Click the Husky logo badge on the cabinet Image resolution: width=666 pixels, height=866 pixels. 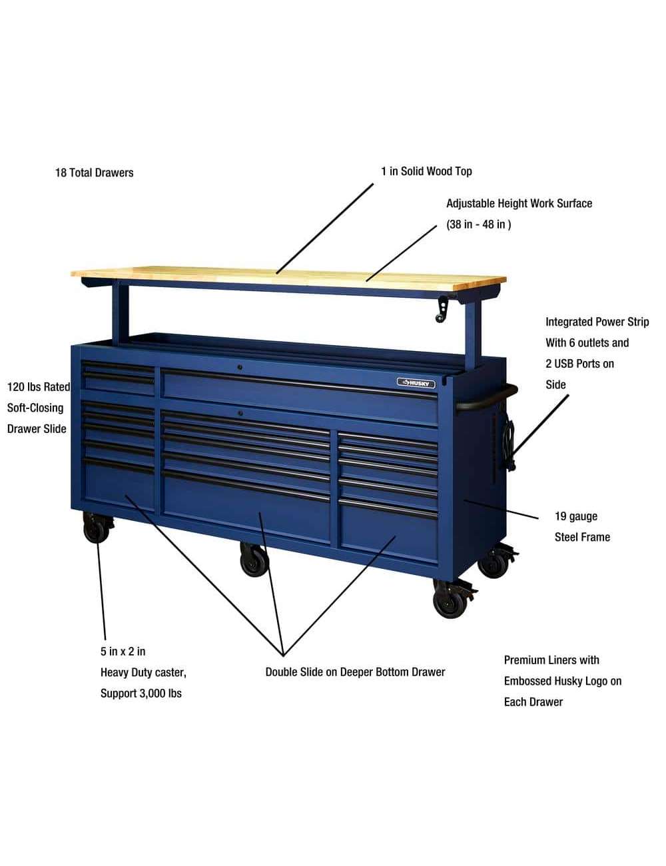click(x=416, y=383)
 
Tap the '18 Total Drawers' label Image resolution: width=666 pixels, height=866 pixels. click(x=95, y=173)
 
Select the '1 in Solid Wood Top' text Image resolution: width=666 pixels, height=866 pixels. click(x=426, y=171)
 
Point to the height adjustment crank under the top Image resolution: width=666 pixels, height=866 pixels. click(x=443, y=309)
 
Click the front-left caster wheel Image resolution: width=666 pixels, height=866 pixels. click(x=97, y=528)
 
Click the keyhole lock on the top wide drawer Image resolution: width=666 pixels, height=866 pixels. click(x=240, y=367)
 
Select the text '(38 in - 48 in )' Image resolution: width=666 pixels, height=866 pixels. click(x=478, y=224)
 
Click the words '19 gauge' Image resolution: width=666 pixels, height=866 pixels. click(x=576, y=516)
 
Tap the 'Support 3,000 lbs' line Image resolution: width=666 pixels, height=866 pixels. click(x=141, y=693)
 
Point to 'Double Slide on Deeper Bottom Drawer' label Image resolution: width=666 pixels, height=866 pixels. click(x=355, y=672)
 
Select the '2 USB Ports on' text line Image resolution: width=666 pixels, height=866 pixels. click(x=579, y=364)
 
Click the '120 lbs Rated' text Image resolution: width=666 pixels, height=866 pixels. click(x=39, y=387)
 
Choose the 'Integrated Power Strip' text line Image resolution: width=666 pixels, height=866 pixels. click(x=597, y=322)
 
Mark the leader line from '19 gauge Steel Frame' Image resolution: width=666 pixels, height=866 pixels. click(x=501, y=510)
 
